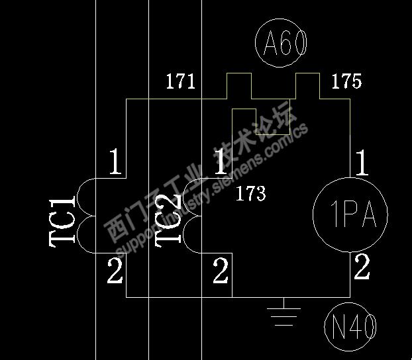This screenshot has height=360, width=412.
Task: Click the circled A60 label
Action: (281, 44)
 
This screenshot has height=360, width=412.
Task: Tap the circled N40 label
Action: (351, 327)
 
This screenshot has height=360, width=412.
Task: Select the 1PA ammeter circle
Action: (350, 214)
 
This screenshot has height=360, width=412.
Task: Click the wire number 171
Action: (180, 82)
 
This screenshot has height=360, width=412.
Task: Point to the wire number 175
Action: (346, 82)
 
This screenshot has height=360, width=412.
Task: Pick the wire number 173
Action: (250, 194)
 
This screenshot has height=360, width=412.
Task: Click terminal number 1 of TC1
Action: (115, 162)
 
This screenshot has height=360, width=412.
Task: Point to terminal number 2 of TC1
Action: (115, 271)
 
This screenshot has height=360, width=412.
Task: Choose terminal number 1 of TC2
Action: (221, 162)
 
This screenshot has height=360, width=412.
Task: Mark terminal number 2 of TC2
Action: (221, 271)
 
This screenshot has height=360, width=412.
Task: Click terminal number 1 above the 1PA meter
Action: (362, 162)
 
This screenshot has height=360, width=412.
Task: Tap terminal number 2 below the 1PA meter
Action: (362, 267)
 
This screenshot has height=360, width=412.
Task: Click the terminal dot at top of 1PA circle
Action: (350, 177)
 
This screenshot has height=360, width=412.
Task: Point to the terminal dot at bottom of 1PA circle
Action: (350, 252)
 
